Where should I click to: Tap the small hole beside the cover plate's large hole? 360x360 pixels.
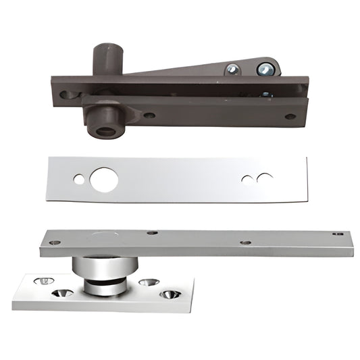pos(80,180)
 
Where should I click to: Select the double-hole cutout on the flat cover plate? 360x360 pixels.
pos(256,179)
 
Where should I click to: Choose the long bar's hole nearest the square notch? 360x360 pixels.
pos(246,242)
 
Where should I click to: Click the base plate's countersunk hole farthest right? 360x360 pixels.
pos(170,294)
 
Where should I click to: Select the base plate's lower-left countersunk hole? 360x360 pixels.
pos(63,293)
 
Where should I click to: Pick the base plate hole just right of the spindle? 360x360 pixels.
pos(149,280)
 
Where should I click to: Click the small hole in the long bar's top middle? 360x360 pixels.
pos(153,233)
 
